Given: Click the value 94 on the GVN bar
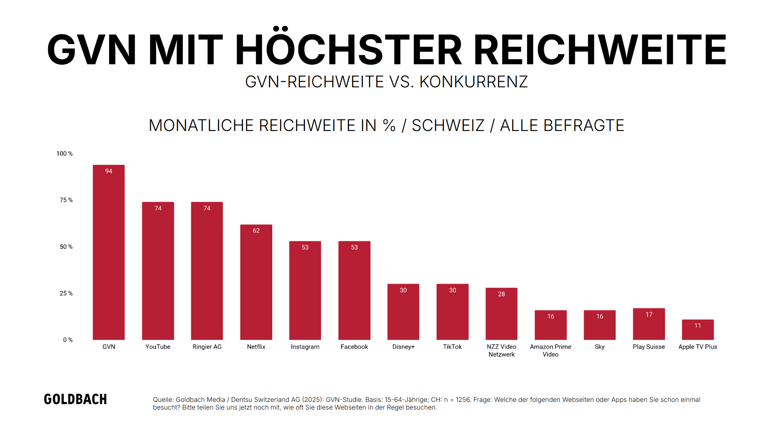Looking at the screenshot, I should pos(108,171).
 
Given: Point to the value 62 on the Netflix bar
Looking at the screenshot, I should pos(256,230).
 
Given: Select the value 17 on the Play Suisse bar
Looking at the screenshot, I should pos(648,315).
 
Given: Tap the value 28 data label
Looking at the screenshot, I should pos(501,294).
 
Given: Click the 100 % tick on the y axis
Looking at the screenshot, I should pos(64,154).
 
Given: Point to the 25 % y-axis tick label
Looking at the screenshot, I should pos(66,293).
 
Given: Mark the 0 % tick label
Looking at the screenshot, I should pos(68,340).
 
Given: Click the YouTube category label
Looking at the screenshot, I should pos(158,347).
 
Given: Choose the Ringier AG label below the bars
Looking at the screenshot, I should pos(207,347).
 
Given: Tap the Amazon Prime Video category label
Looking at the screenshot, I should pos(550,351).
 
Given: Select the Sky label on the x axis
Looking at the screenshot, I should pos(599,347).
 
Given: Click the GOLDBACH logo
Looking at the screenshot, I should pos(75,399).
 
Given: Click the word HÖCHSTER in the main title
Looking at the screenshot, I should pos(348,49).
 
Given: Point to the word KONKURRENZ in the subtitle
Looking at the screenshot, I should pos(473,82).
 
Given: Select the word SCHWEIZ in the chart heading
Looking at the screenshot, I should pos(448,125).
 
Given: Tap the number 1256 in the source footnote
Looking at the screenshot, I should pos(463,400).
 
